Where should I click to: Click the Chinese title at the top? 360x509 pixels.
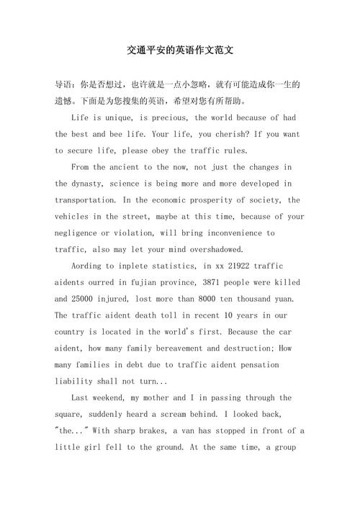point(180,52)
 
